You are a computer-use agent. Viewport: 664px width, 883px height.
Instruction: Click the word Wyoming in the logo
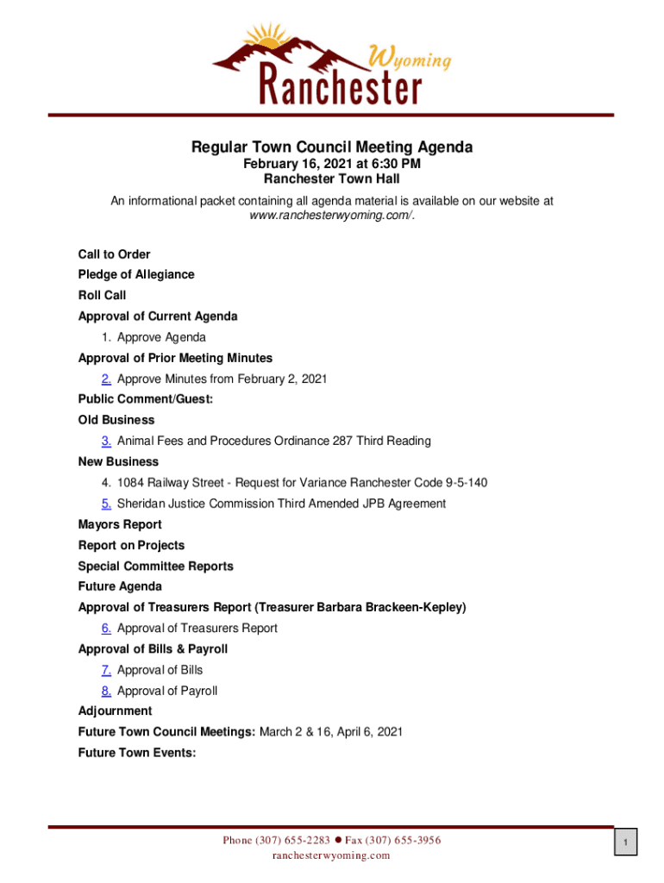(411, 59)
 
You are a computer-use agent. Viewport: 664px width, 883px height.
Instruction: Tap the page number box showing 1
(627, 842)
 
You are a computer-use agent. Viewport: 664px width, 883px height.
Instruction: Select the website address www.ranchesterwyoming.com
(330, 216)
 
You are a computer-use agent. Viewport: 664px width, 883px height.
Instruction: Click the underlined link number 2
(105, 379)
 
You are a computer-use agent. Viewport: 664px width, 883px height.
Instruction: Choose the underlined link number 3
(105, 441)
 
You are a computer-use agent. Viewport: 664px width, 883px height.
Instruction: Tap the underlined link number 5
(105, 504)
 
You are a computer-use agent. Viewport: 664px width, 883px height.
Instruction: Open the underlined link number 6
(105, 629)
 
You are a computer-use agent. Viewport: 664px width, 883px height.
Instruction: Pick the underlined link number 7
(105, 670)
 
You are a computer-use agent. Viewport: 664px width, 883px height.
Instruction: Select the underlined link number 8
(105, 691)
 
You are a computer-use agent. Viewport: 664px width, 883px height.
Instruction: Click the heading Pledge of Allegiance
(136, 275)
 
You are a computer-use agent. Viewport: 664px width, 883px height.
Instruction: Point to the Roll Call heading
(102, 296)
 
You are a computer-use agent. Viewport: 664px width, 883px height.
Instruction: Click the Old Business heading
(116, 421)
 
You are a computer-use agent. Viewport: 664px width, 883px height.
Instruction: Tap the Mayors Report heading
(120, 524)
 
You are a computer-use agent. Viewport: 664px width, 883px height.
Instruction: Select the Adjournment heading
(115, 711)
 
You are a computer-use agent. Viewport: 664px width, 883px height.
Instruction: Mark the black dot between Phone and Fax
(339, 840)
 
